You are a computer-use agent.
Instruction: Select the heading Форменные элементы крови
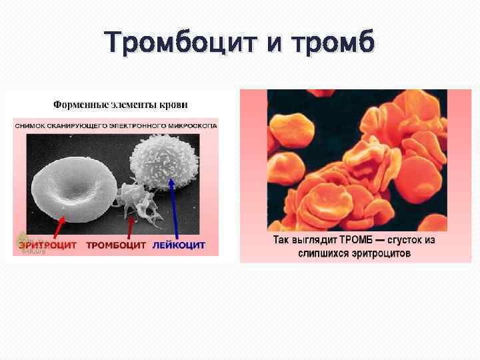pyautogui.click(x=120, y=105)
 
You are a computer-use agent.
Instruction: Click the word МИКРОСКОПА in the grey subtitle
pyautogui.click(x=189, y=125)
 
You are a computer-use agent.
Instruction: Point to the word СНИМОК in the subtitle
pyautogui.click(x=31, y=125)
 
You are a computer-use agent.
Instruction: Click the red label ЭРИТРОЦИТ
pyautogui.click(x=47, y=245)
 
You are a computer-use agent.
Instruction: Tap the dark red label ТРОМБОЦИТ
pyautogui.click(x=116, y=245)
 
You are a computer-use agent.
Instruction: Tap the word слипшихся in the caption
pyautogui.click(x=327, y=253)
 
